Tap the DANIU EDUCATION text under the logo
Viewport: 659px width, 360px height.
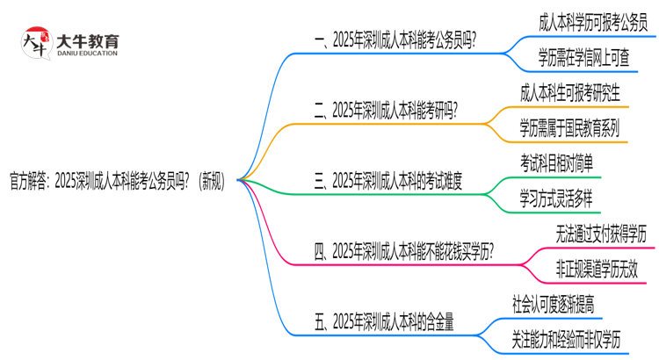(87, 54)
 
